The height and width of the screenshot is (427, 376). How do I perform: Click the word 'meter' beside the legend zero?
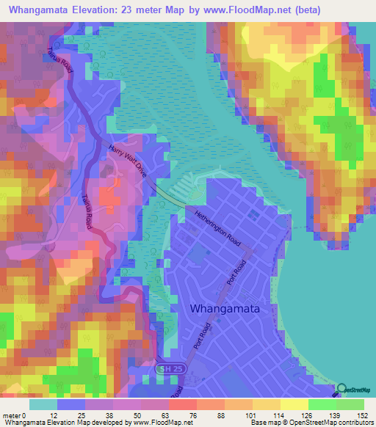coord(13,414)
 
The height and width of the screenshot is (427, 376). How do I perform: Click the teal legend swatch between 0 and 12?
coord(43,404)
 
